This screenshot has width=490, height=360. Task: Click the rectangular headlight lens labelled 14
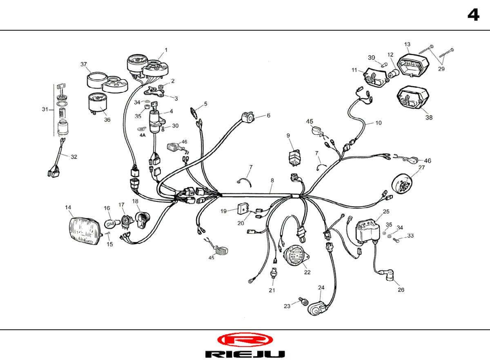[x=85, y=231]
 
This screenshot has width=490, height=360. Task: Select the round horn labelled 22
[x=295, y=255]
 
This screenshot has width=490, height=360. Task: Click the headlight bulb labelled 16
[x=111, y=224]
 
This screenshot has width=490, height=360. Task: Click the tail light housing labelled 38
[x=413, y=97]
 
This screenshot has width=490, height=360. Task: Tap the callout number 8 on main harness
[x=272, y=180]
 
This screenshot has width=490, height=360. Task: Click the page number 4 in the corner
[x=473, y=15]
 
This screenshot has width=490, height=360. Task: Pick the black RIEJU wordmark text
[x=245, y=354]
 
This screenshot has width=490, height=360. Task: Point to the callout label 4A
[x=143, y=135]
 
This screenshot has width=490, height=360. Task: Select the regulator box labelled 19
[x=243, y=208]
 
